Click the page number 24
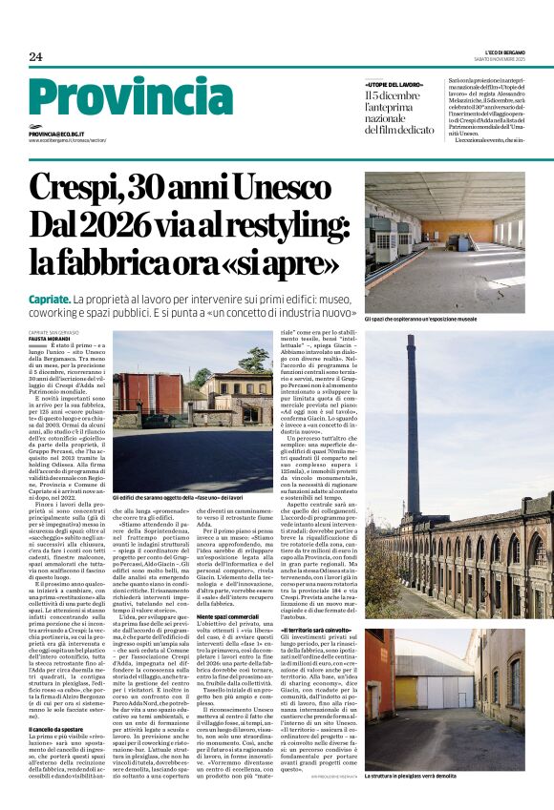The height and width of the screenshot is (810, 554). coord(35,56)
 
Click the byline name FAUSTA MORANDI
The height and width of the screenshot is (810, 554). coord(51,337)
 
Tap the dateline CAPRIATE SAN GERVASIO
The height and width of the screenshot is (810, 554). coord(53,330)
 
